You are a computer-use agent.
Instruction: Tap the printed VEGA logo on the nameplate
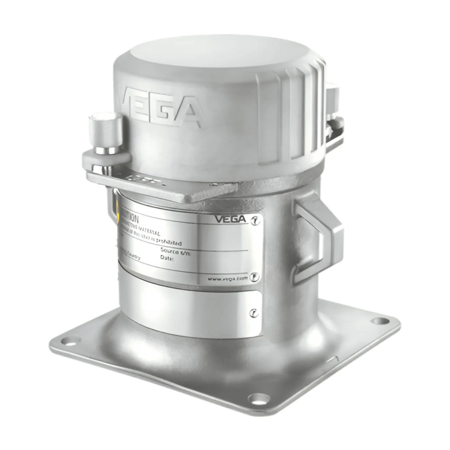coord(231,218)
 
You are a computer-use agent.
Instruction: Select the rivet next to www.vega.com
coord(254,277)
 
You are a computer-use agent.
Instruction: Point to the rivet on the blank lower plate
coord(253,313)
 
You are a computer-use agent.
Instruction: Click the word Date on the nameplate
coord(167,259)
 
